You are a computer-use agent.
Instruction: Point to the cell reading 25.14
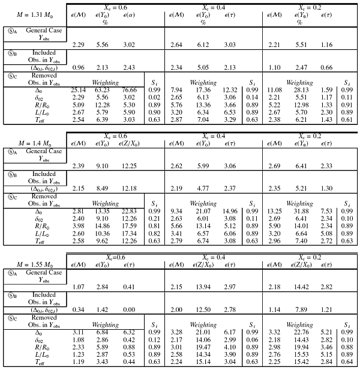pyautogui.click(x=77, y=90)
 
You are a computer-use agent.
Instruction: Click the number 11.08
pyautogui.click(x=271, y=90)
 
